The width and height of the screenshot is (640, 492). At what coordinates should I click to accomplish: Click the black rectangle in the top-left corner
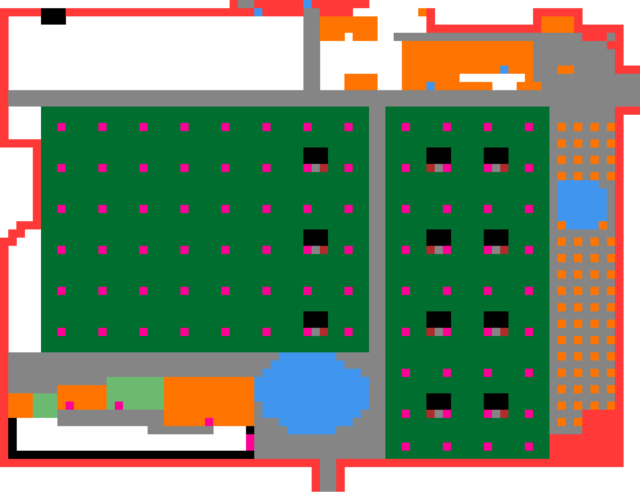click(53, 16)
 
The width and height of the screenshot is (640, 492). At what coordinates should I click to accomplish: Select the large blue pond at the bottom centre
click(311, 393)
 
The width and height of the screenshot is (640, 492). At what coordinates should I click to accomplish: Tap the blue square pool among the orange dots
click(582, 204)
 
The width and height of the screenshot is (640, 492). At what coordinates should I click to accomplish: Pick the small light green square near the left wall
click(45, 405)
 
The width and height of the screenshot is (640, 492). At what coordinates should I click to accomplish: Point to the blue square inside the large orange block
click(504, 70)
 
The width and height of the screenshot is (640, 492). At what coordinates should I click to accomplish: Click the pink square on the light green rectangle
click(119, 405)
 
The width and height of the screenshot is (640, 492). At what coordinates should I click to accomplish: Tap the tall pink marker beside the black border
click(250, 442)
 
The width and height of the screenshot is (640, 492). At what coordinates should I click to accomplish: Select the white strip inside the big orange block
click(492, 78)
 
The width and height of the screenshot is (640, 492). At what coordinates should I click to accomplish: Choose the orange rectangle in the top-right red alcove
click(557, 24)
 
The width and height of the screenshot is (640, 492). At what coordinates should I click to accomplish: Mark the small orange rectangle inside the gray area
click(566, 70)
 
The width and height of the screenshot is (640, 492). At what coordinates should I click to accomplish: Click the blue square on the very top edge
click(307, 4)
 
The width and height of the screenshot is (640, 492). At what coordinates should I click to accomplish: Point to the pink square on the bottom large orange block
click(209, 422)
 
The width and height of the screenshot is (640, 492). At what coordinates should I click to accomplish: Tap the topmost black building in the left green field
click(315, 155)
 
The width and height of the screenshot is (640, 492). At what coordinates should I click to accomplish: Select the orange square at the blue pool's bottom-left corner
click(561, 225)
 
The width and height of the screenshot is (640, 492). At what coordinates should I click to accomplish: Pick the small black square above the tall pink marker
click(250, 430)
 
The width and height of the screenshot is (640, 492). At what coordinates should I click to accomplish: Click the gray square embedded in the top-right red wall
click(611, 37)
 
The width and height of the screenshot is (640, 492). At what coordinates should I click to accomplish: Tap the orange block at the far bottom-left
click(20, 405)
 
